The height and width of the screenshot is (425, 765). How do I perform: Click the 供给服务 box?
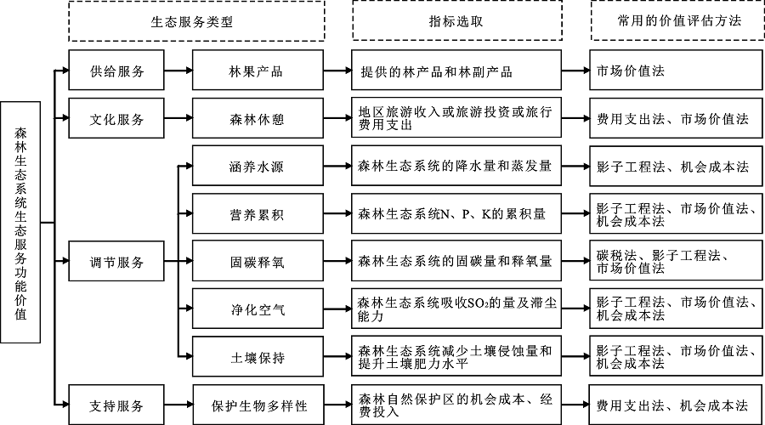pos(116,71)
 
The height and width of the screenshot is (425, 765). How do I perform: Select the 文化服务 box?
pos(116,118)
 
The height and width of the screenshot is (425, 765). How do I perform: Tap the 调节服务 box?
pos(116,261)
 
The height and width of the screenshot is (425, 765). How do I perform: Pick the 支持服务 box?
pos(116,405)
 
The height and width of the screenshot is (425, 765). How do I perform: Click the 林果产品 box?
pos(258,71)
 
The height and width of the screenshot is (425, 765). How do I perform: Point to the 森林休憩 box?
pos(258,118)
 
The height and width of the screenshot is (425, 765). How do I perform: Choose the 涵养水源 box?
pos(258,166)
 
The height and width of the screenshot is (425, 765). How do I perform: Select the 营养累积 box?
pos(258,213)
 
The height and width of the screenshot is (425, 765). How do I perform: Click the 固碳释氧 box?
pos(258,261)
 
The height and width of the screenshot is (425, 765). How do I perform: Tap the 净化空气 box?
pos(258,309)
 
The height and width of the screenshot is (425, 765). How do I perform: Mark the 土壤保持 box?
pos(258,356)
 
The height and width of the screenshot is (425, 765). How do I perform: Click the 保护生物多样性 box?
pos(258,405)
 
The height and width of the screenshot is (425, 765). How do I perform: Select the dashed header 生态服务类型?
pos(196,21)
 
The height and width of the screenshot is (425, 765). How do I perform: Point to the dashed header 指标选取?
pos(457,20)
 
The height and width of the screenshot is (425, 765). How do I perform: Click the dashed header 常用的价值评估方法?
pos(677,20)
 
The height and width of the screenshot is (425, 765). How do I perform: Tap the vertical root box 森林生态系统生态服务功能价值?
pos(20,222)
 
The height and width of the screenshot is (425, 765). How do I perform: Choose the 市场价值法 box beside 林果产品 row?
pos(676,70)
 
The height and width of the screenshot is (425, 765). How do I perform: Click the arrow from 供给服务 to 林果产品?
pos(178,71)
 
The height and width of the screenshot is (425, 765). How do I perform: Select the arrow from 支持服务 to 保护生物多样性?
pos(178,405)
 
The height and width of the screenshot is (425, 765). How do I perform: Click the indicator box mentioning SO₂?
pos(456,309)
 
